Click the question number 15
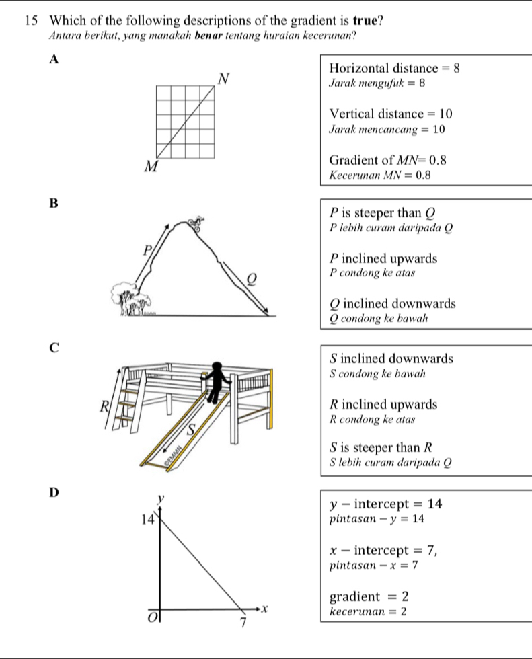(19, 20)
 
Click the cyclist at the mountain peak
(195, 222)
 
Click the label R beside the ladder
(104, 405)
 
